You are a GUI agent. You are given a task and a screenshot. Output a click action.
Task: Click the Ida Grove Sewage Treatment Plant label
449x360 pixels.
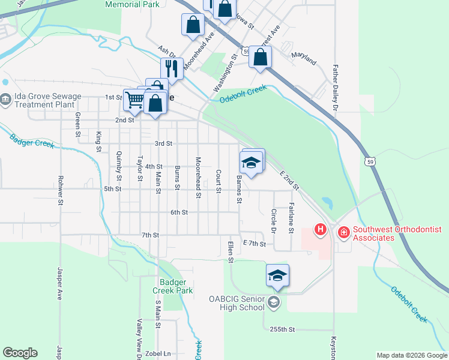[47, 100]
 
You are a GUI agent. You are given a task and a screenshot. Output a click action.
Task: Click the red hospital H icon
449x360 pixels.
[321, 229]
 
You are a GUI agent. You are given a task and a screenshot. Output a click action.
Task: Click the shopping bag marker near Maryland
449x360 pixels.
[261, 57]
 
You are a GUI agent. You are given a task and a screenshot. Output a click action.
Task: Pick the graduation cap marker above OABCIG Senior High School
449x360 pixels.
[277, 275]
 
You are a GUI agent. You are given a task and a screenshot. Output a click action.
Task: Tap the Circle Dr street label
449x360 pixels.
[274, 221]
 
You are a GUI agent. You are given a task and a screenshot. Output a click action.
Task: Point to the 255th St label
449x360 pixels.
[282, 329]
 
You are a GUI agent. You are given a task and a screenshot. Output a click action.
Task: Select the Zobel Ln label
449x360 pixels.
[158, 354]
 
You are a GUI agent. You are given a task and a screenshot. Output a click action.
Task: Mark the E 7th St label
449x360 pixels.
[254, 243]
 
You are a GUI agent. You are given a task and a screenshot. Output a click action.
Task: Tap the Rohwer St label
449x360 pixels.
[61, 190]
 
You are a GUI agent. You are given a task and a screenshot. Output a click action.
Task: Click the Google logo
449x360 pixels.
[20, 353]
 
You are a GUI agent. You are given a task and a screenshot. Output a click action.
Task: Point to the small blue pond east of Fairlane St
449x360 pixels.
[327, 202]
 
